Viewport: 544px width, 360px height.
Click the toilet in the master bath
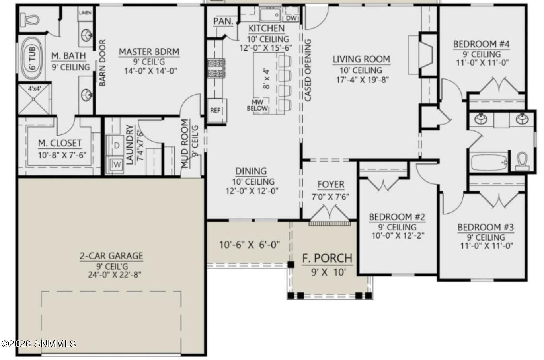pyautogui.click(x=30, y=19)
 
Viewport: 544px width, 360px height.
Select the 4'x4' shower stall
pyautogui.click(x=34, y=99)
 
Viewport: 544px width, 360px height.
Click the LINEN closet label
pyautogui.click(x=85, y=12)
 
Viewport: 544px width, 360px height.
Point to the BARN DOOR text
pyautogui.click(x=103, y=62)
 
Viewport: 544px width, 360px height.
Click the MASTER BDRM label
pyautogui.click(x=149, y=52)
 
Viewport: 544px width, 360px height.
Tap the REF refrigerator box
pyautogui.click(x=216, y=111)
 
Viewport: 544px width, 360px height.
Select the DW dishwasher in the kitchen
pyautogui.click(x=291, y=18)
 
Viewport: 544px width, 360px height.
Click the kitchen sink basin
pyautogui.click(x=270, y=15)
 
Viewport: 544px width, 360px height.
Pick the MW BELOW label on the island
pyautogui.click(x=257, y=105)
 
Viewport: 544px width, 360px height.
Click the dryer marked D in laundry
pyautogui.click(x=117, y=146)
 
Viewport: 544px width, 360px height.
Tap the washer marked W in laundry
pyautogui.click(x=116, y=165)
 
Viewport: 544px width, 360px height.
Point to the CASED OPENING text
pyautogui.click(x=308, y=70)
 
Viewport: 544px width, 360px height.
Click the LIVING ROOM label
pyautogui.click(x=361, y=59)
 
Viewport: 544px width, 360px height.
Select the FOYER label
pyautogui.click(x=331, y=185)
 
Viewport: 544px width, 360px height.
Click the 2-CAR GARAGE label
pyautogui.click(x=111, y=256)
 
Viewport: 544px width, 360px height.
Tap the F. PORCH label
pyautogui.click(x=327, y=258)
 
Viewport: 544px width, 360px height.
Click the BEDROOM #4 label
pyautogui.click(x=481, y=44)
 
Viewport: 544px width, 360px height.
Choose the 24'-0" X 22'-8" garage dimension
pyautogui.click(x=115, y=275)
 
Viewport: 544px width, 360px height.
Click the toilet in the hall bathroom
pyautogui.click(x=522, y=161)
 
